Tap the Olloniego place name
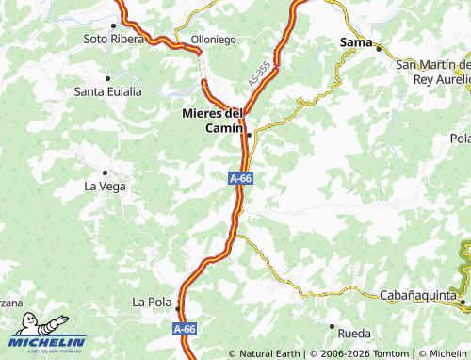tap(213, 39)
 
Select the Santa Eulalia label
tap(108, 91)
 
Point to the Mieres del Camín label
tap(213, 122)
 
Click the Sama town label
tap(355, 41)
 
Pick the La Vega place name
tap(105, 186)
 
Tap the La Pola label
tap(152, 303)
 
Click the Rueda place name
tap(353, 334)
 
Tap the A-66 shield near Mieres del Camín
tap(240, 177)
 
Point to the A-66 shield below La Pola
tap(184, 329)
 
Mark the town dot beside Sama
tap(378, 48)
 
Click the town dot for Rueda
tap(332, 325)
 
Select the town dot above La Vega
tap(105, 172)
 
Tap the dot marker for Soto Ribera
tap(115, 25)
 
